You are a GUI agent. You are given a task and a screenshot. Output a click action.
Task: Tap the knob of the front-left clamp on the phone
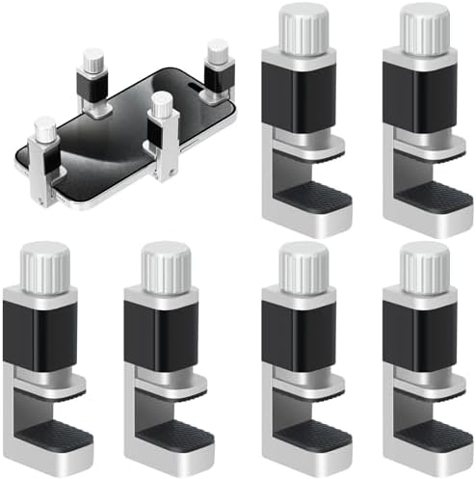tap(45, 129)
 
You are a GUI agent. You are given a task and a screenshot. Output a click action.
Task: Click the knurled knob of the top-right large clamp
tap(424, 26)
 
